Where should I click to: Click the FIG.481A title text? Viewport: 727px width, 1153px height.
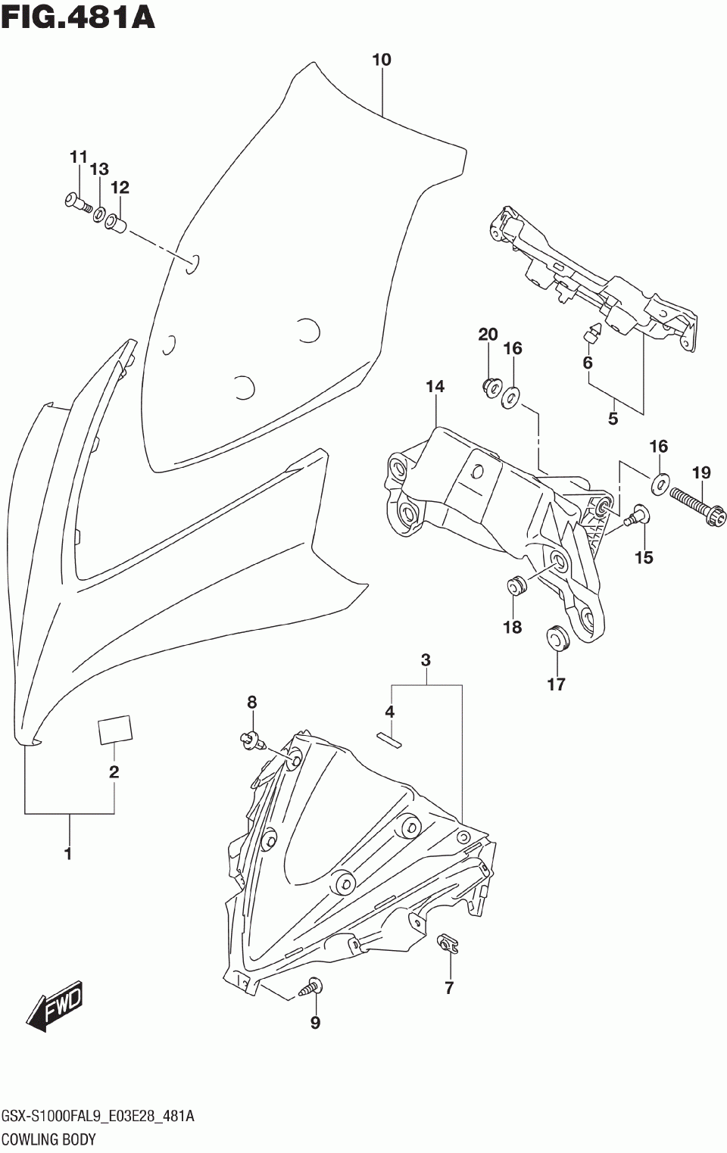[78, 17]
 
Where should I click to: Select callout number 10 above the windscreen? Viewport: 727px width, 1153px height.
[382, 60]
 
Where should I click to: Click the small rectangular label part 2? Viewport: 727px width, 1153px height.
[114, 731]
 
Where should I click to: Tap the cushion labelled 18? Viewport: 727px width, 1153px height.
[515, 584]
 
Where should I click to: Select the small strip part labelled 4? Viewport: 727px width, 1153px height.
[389, 738]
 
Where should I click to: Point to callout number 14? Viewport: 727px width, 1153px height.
[435, 387]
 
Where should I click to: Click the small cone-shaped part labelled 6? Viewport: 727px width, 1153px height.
[592, 332]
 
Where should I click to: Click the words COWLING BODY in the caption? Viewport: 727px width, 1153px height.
[48, 1139]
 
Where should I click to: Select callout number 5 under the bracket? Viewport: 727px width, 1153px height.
[613, 418]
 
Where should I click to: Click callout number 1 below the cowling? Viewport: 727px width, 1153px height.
[68, 854]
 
